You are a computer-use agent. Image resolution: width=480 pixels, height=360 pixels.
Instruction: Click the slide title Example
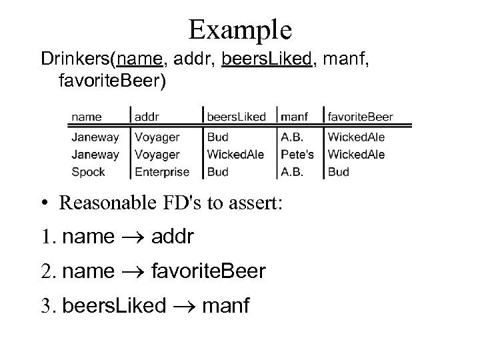tap(240, 29)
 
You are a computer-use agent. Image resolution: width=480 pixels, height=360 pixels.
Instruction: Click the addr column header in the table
tap(147, 117)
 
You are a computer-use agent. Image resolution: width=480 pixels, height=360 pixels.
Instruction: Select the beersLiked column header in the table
tap(236, 117)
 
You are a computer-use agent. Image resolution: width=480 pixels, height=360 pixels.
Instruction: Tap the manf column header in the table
tap(295, 117)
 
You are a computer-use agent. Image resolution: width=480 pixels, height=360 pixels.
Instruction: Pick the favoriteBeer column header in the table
tap(361, 117)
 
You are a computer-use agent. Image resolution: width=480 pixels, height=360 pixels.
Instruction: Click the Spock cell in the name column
tap(88, 171)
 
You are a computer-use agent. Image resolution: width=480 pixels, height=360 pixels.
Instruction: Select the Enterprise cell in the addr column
tap(162, 171)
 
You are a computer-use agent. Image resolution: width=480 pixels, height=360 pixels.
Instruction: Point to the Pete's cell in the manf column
tap(297, 154)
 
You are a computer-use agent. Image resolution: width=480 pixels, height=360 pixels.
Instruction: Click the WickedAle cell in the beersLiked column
tap(236, 154)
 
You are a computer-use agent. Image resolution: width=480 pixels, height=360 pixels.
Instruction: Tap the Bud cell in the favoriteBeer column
tap(339, 171)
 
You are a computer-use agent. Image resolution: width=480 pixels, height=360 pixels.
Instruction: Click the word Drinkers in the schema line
tap(75, 61)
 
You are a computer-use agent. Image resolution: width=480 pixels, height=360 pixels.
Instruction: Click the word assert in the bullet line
tap(257, 203)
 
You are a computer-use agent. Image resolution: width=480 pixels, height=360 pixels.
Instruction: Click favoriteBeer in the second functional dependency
tap(209, 271)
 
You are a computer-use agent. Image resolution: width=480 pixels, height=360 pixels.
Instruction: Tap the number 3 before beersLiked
tap(46, 306)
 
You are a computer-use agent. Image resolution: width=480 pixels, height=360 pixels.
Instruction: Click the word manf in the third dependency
tap(226, 306)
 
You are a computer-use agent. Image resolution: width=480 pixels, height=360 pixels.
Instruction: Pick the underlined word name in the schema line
tap(138, 61)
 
